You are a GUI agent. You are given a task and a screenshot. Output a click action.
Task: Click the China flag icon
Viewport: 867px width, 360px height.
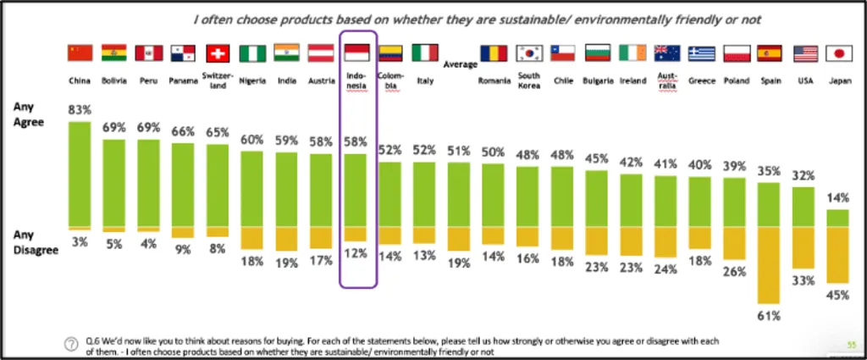pos(80,53)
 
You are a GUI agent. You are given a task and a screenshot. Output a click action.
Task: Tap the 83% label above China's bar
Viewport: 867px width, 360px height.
pos(80,110)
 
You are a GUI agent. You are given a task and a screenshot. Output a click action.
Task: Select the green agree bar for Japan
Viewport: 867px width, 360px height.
pos(837,218)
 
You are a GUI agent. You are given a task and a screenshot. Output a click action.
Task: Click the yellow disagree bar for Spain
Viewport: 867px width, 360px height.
pos(768,264)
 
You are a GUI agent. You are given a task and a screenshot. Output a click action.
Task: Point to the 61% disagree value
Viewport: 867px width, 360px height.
pos(769,316)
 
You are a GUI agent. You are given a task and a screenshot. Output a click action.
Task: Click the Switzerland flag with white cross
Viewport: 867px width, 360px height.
pos(218,53)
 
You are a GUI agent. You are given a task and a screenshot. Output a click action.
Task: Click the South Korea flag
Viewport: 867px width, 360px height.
pos(530,53)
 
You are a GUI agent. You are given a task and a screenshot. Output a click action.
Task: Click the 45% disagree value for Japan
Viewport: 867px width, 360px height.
pos(837,296)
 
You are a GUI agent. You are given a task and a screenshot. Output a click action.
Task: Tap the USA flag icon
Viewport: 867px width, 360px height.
pos(803,53)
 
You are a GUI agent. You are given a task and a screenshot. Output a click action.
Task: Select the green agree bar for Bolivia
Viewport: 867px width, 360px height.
pos(114,183)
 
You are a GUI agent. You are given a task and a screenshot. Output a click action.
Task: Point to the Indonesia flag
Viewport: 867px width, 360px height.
pos(356,53)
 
